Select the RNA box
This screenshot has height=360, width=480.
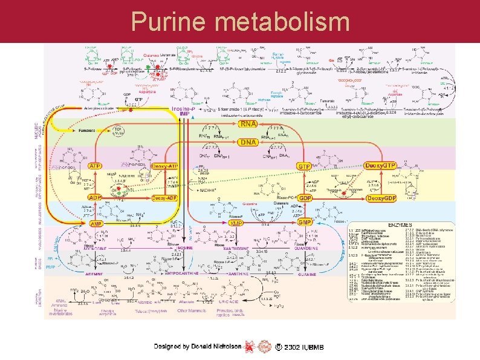pos(248,124)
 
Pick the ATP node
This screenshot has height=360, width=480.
pos(95,165)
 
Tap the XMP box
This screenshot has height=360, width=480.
pos(237,223)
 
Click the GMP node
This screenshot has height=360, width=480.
pos(305,223)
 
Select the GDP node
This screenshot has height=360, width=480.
pos(305,198)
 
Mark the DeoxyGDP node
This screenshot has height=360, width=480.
pos(382,198)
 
